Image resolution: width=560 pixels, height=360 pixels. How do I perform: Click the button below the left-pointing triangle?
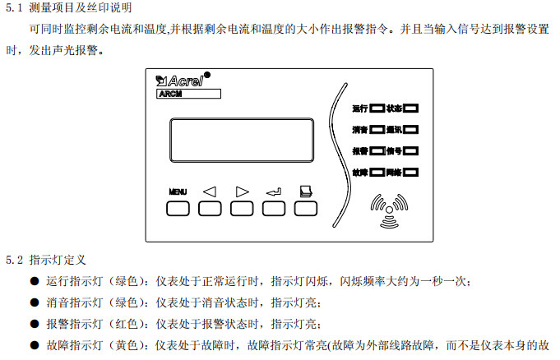(x=210, y=208)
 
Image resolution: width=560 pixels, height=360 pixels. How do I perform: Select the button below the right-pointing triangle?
(x=242, y=208)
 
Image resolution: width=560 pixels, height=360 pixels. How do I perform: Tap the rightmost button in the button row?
(x=306, y=208)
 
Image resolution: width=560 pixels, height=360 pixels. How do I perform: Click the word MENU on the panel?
(x=178, y=192)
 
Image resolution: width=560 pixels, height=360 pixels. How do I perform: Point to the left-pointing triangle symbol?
(x=209, y=192)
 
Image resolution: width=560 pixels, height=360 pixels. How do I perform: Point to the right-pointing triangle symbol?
(x=242, y=192)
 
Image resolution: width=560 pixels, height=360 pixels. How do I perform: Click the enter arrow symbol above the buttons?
(x=274, y=192)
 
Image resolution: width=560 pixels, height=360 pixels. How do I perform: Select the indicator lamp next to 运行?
(x=377, y=108)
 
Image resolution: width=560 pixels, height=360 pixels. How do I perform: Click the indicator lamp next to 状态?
(x=411, y=108)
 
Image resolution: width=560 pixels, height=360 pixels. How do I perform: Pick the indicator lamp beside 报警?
(x=377, y=151)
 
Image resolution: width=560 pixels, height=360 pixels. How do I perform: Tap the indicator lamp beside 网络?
(x=411, y=173)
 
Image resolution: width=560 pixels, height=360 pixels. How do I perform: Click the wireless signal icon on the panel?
(x=388, y=208)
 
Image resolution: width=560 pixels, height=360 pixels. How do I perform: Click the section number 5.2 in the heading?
(x=15, y=259)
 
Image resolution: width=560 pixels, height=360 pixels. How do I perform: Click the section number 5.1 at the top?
(x=15, y=9)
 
